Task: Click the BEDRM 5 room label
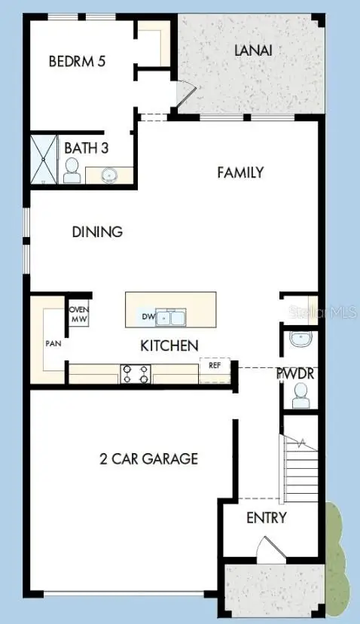coord(76,61)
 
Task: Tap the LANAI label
coord(252,50)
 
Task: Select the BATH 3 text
coord(86,148)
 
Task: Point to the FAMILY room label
coord(240,172)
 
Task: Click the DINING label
coord(97,232)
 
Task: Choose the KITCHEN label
coord(169,345)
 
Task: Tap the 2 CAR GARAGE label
coord(149,458)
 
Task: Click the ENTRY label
coord(267,518)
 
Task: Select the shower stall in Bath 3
coord(43,159)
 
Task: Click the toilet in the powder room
coord(301,395)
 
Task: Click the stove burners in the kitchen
coord(136,373)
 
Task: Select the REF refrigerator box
coord(215,365)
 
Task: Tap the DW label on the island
coord(148,317)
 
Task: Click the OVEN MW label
coord(78,314)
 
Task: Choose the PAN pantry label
coord(53,343)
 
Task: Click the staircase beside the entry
coord(300,470)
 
